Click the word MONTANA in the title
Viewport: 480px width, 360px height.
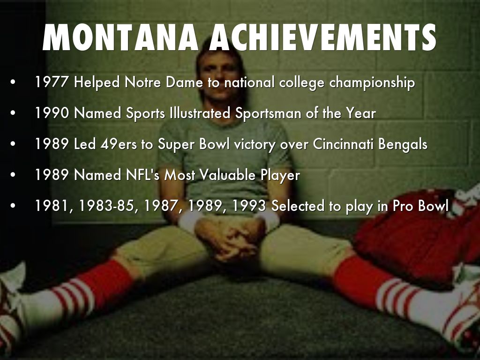[121, 37]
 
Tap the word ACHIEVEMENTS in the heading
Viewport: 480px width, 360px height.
[322, 37]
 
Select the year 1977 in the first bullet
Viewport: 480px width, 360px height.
[52, 83]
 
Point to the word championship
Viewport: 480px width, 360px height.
[372, 83]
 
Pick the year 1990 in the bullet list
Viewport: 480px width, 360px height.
[52, 113]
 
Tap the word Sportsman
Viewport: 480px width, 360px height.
[264, 113]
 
